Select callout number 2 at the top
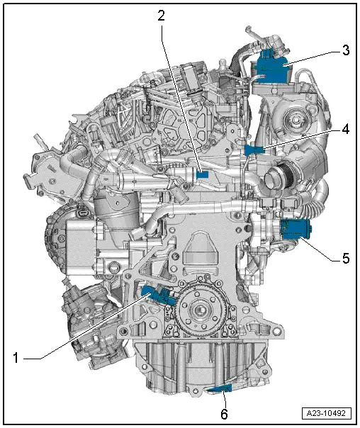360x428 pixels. click(161, 16)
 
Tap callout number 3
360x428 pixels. click(345, 51)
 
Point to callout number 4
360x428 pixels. click(345, 130)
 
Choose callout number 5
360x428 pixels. click(345, 259)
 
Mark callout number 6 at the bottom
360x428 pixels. click(225, 414)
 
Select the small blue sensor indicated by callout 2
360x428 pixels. click(203, 173)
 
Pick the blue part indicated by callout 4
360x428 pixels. click(252, 150)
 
